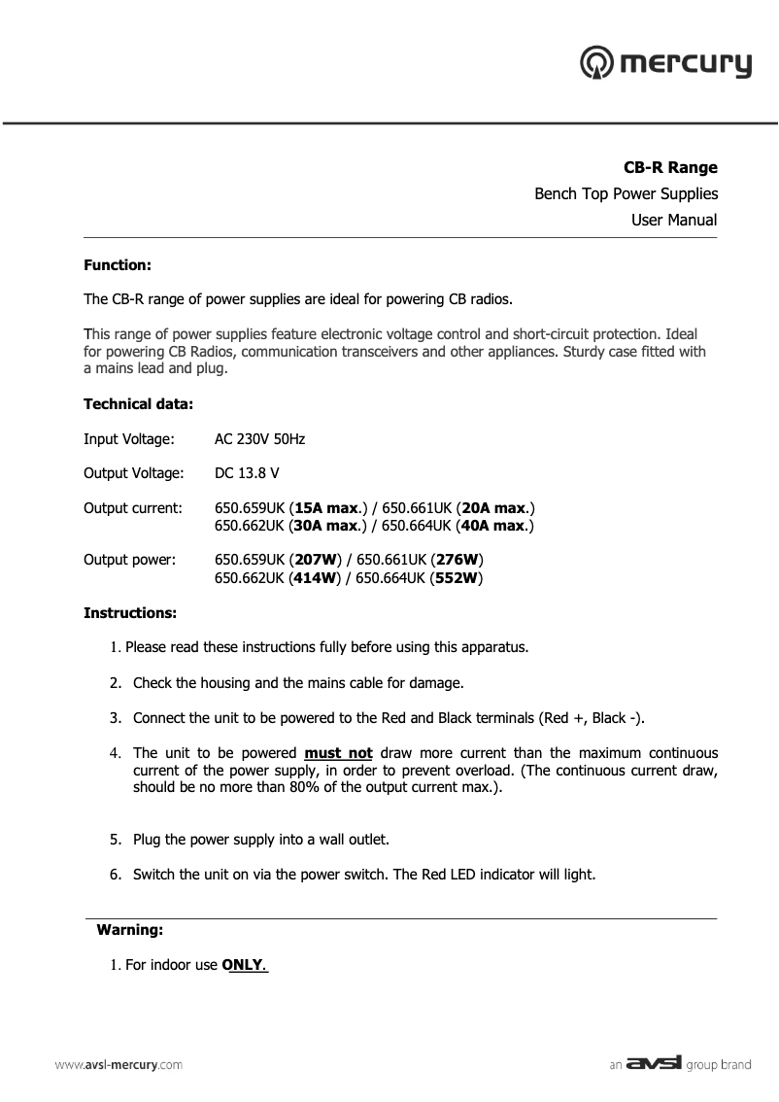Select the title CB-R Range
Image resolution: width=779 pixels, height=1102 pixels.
(x=669, y=167)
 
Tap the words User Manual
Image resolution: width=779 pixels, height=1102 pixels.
(x=673, y=220)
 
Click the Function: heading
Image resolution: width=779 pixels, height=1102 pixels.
(x=117, y=264)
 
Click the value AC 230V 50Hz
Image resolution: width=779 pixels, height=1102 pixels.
(x=259, y=439)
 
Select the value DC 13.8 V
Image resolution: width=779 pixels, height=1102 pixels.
(x=247, y=473)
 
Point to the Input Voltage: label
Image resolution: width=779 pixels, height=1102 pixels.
(x=129, y=439)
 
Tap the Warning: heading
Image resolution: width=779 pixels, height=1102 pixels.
(x=129, y=930)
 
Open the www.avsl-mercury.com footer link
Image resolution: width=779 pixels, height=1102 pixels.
(x=118, y=1064)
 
